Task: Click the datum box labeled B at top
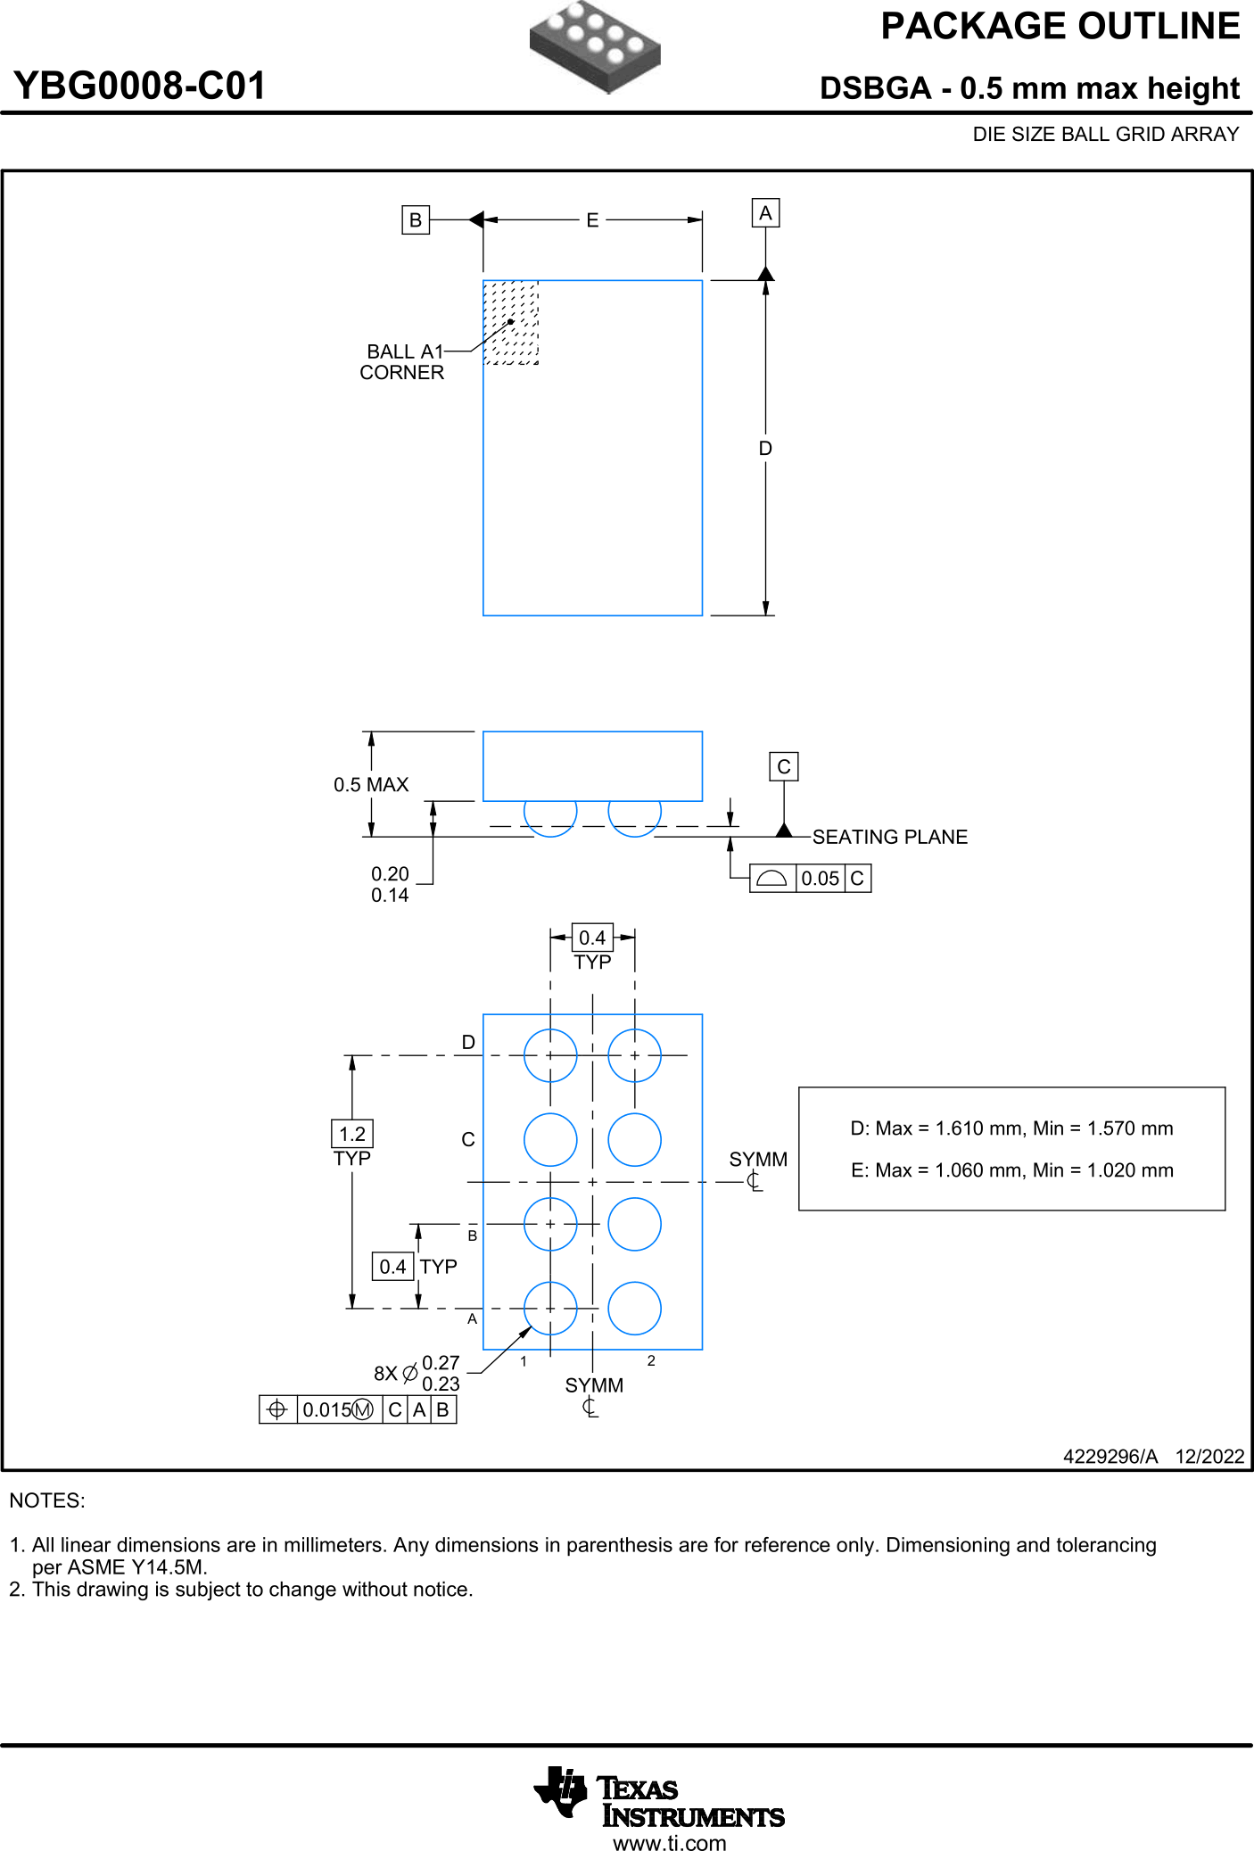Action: pyautogui.click(x=415, y=219)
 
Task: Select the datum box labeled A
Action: pyautogui.click(x=765, y=213)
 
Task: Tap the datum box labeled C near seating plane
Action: pyautogui.click(x=783, y=766)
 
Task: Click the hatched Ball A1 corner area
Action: pyautogui.click(x=510, y=322)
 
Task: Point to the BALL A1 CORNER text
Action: pyautogui.click(x=402, y=362)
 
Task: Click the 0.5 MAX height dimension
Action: pyautogui.click(x=371, y=785)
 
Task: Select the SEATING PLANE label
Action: pyautogui.click(x=889, y=837)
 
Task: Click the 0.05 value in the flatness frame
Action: pyautogui.click(x=820, y=879)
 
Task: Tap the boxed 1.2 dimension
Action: pyautogui.click(x=352, y=1134)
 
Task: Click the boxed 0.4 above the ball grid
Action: pyautogui.click(x=592, y=938)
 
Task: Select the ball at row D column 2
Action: pyautogui.click(x=634, y=1055)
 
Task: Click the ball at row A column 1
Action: pyautogui.click(x=550, y=1309)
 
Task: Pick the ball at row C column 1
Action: pyautogui.click(x=550, y=1139)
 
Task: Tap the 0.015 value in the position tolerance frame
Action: pyautogui.click(x=327, y=1409)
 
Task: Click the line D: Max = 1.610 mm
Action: pyautogui.click(x=1011, y=1128)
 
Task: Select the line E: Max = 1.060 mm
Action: pyautogui.click(x=1011, y=1170)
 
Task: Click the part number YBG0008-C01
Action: pyautogui.click(x=140, y=86)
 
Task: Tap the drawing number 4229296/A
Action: pyautogui.click(x=1110, y=1457)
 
